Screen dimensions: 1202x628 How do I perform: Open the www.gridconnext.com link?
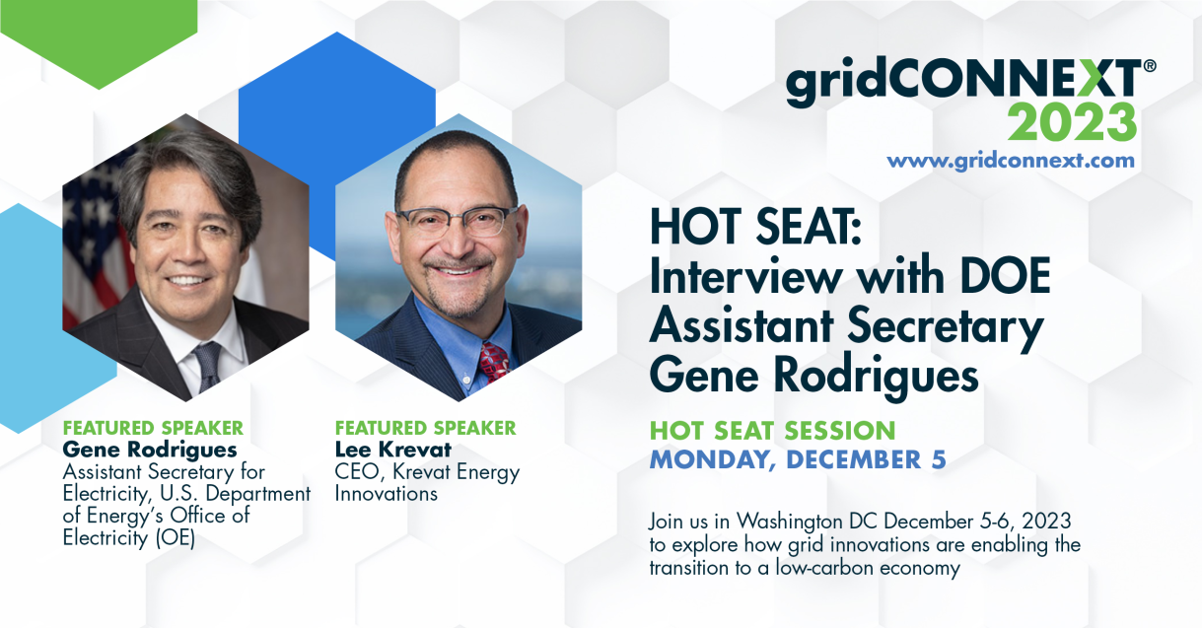1011,161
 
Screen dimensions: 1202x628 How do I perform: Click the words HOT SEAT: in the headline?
755,227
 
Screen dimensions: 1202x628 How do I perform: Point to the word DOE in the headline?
1005,276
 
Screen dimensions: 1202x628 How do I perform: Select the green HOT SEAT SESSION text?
773,431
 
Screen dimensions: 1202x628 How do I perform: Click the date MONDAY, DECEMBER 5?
798,459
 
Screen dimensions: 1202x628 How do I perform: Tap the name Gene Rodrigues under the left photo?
150,450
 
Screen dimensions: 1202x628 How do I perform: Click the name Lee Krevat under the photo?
393,450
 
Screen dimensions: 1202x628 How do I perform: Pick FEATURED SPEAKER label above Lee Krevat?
426,428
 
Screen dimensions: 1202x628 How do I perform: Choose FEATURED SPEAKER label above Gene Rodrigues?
153,428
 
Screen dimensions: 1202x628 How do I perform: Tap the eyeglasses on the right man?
458,221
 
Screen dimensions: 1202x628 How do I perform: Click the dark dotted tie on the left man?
208,366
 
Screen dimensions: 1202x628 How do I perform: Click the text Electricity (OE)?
129,537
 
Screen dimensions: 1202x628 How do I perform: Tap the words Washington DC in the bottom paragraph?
807,522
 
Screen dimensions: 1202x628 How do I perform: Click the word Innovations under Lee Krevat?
387,493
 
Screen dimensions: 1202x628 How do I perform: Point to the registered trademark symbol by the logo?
1150,66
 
